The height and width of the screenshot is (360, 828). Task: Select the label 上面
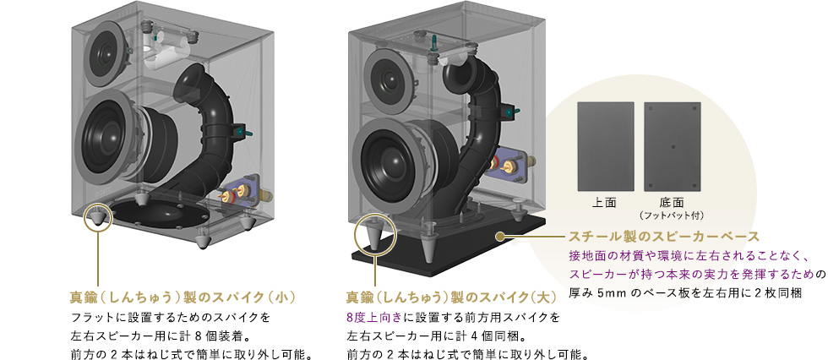click(x=604, y=204)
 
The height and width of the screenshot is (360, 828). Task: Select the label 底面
click(x=673, y=204)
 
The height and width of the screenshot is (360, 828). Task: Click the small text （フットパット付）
click(x=673, y=215)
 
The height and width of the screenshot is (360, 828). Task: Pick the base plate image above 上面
click(x=604, y=146)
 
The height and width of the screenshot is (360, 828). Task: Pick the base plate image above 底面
click(x=673, y=146)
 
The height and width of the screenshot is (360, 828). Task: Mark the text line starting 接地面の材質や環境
click(x=689, y=255)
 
